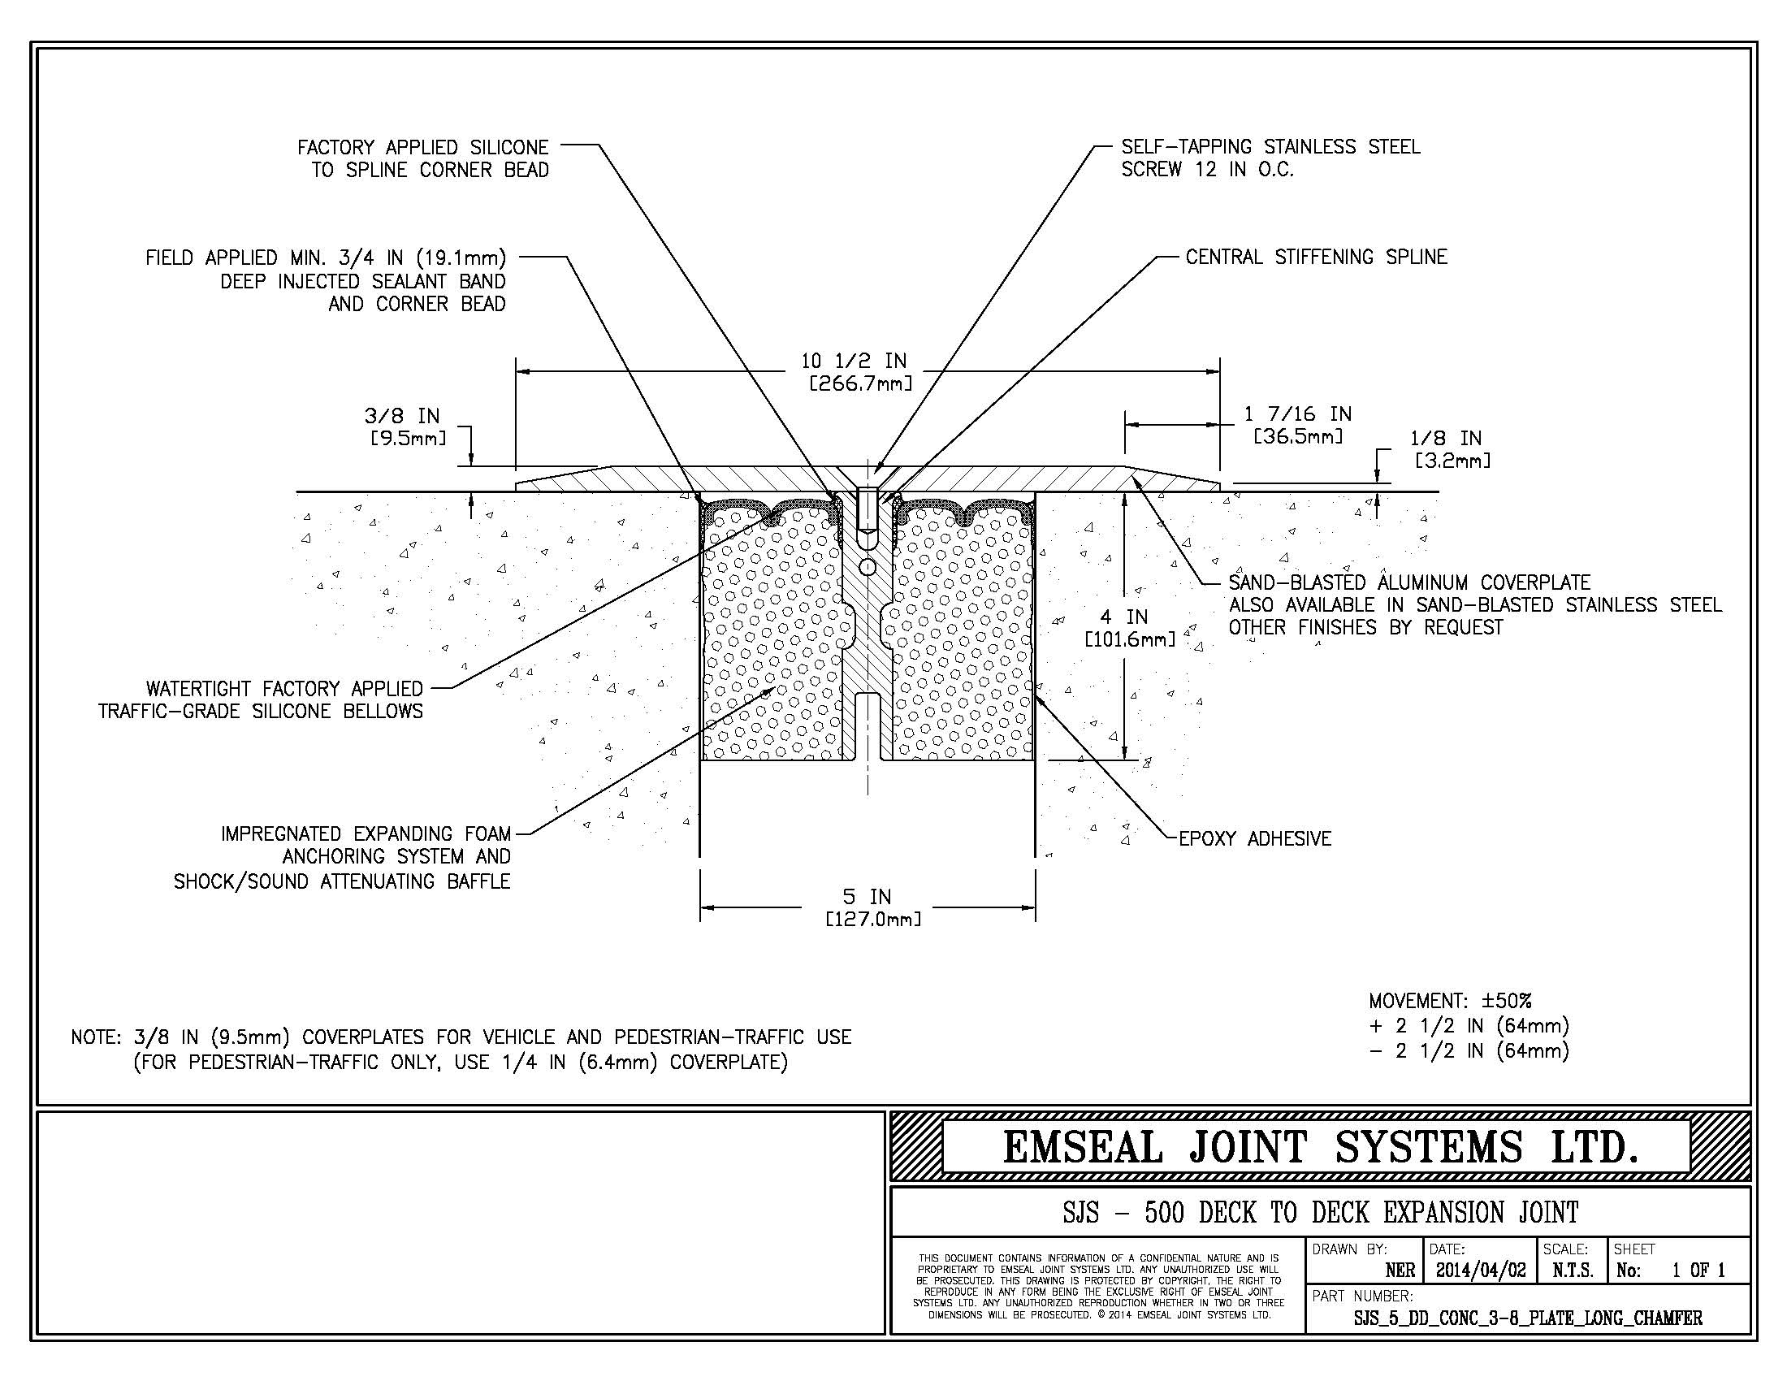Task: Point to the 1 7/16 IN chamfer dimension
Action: click(1298, 425)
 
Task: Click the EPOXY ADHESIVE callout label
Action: click(1254, 838)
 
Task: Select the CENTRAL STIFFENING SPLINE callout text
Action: click(1316, 257)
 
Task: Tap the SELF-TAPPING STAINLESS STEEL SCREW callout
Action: click(1270, 158)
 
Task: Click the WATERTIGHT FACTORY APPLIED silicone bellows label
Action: click(260, 699)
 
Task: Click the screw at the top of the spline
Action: click(868, 509)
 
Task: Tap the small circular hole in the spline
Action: click(868, 566)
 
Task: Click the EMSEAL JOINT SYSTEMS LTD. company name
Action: click(1320, 1146)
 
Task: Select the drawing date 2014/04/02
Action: click(1480, 1271)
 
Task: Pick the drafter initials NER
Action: click(1400, 1271)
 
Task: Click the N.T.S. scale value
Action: click(1572, 1271)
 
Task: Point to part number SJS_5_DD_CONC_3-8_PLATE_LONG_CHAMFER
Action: click(1528, 1318)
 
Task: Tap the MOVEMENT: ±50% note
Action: click(1450, 1001)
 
